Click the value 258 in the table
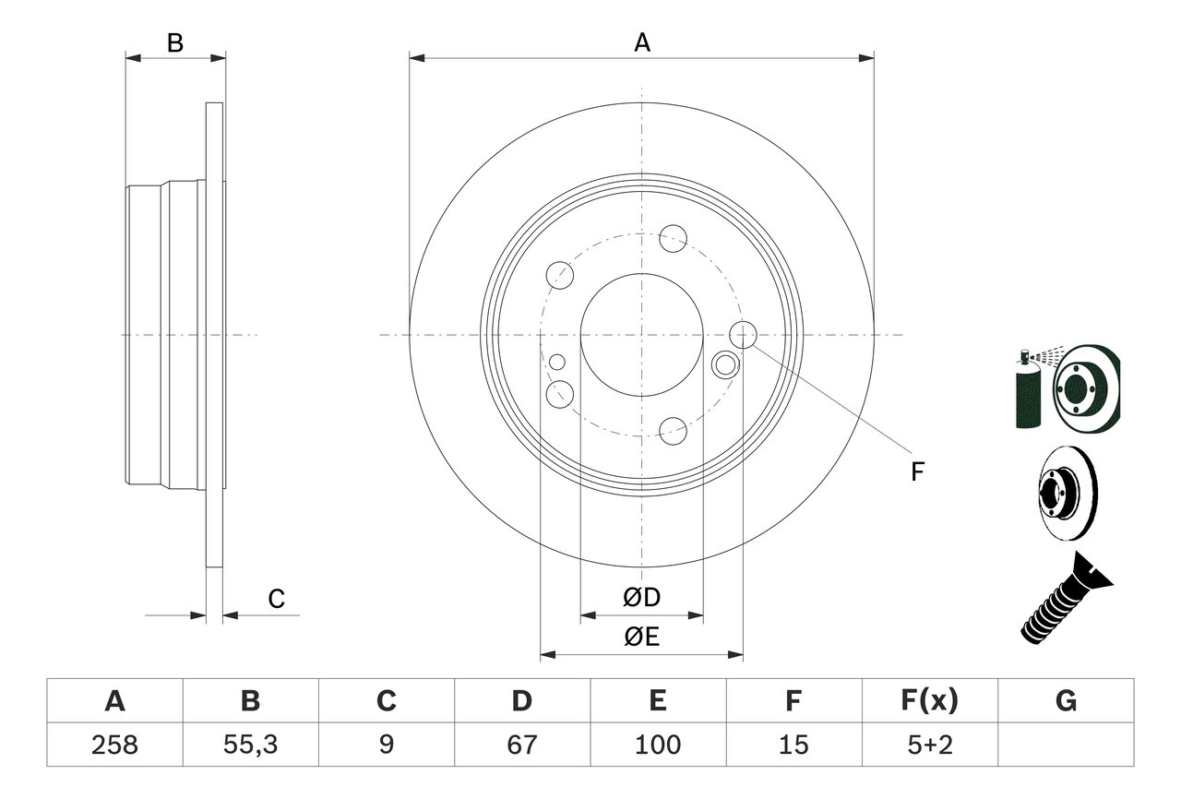pyautogui.click(x=114, y=745)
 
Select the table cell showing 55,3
pyautogui.click(x=250, y=745)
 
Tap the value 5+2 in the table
pyautogui.click(x=930, y=745)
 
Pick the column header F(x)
pyautogui.click(x=930, y=701)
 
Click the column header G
pyautogui.click(x=1066, y=701)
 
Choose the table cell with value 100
pyautogui.click(x=658, y=745)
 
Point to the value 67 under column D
pyautogui.click(x=522, y=745)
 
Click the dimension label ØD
pyautogui.click(x=642, y=598)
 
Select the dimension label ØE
pyautogui.click(x=642, y=638)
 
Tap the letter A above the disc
pyautogui.click(x=642, y=42)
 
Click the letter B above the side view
pyautogui.click(x=175, y=42)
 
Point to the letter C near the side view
pyautogui.click(x=276, y=599)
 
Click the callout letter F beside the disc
pyautogui.click(x=917, y=472)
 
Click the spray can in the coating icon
pyautogui.click(x=1027, y=392)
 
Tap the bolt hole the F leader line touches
pyautogui.click(x=742, y=335)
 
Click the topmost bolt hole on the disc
pyautogui.click(x=673, y=238)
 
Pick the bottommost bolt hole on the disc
pyautogui.click(x=673, y=430)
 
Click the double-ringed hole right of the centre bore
pyautogui.click(x=726, y=364)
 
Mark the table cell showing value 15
pyautogui.click(x=793, y=745)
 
